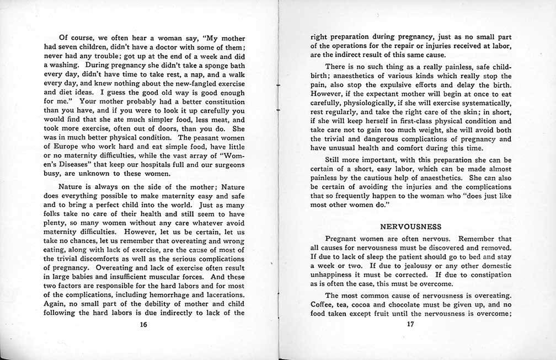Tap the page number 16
[143, 324]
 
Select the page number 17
[410, 324]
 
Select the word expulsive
[405, 84]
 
